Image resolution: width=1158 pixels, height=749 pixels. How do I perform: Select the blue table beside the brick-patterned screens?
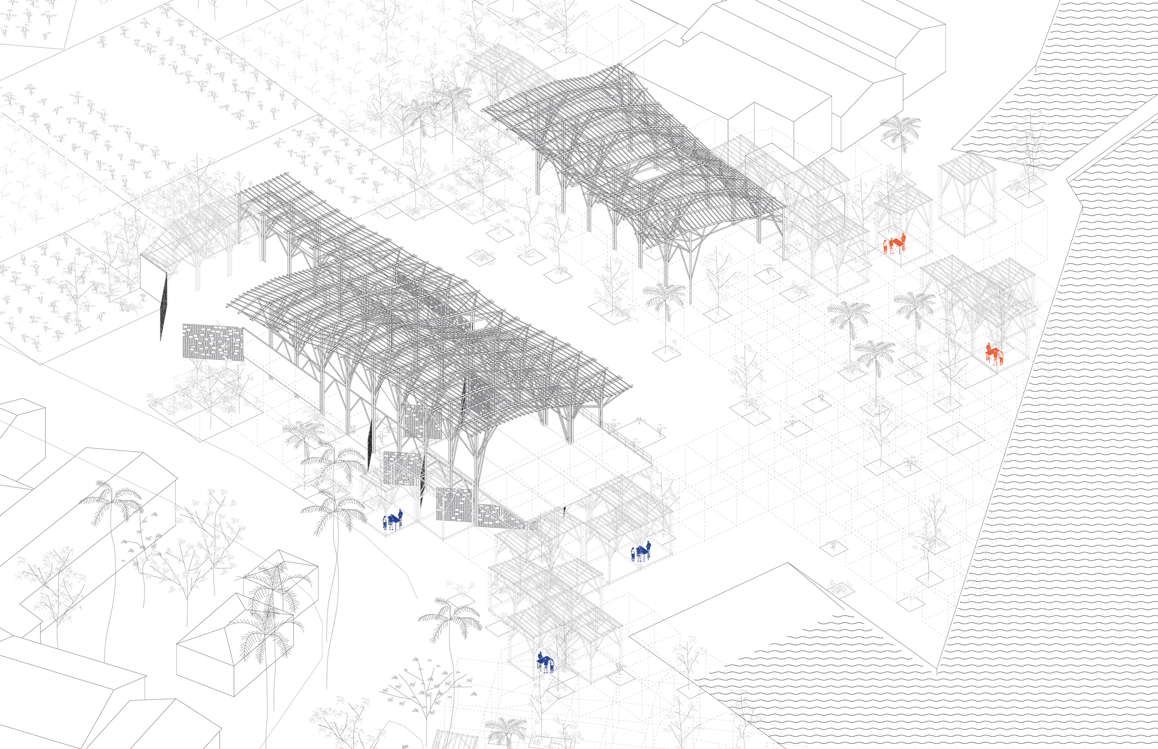393,519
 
